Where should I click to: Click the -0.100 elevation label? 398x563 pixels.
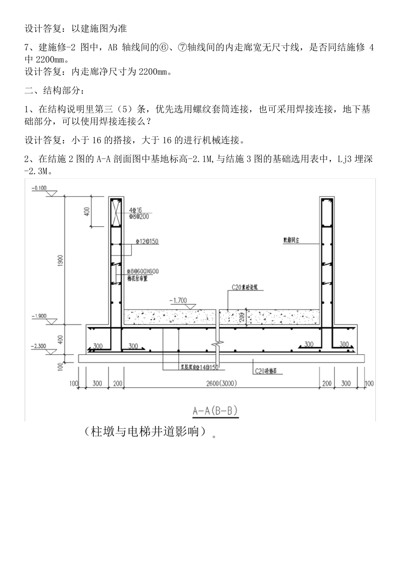[x=39, y=188]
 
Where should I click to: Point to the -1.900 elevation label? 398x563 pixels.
[x=39, y=316]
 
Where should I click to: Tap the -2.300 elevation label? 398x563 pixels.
[x=39, y=346]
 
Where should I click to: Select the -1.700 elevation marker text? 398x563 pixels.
[x=178, y=300]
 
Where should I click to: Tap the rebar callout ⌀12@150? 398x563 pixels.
[x=147, y=242]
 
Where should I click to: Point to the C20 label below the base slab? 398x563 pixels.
[x=266, y=371]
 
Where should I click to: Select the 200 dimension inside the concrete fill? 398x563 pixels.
[x=242, y=317]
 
